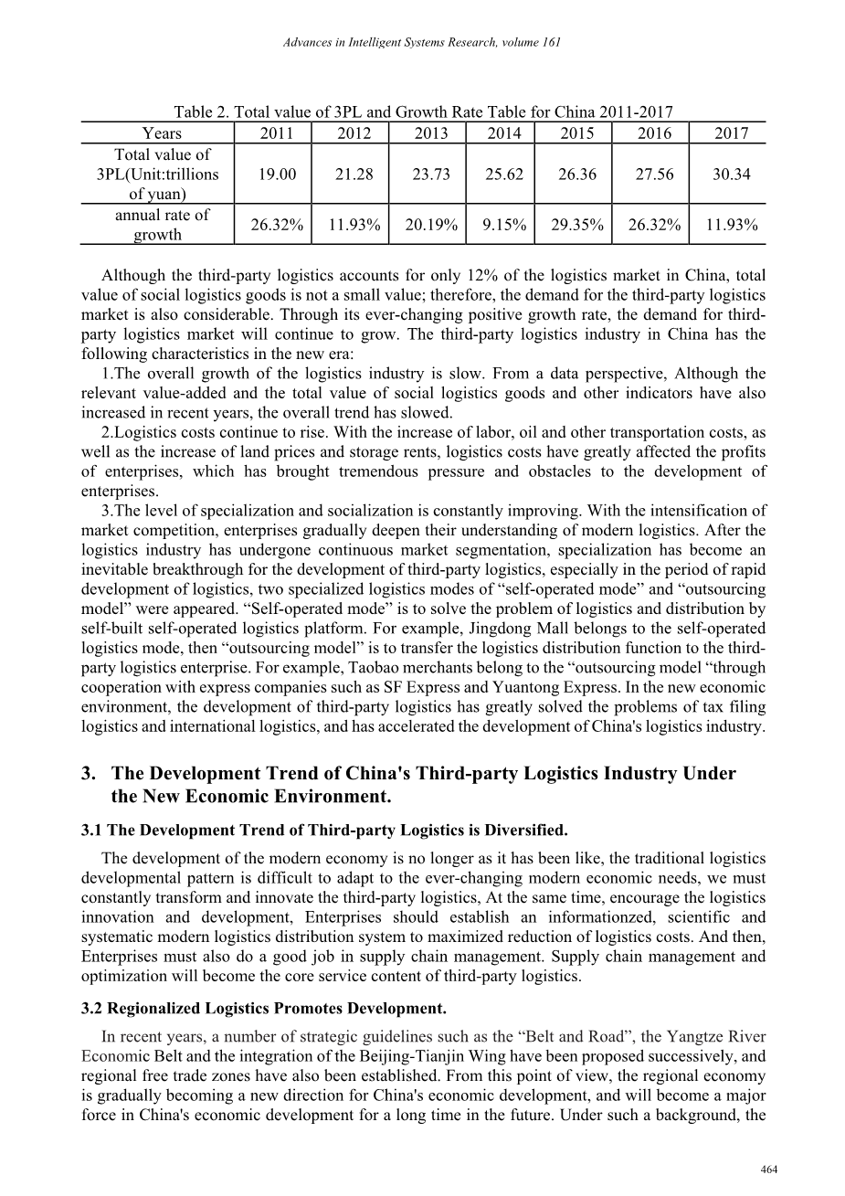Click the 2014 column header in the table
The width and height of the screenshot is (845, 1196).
[504, 133]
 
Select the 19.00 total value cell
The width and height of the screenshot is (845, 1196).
[277, 174]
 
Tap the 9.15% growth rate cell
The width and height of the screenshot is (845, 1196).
[504, 225]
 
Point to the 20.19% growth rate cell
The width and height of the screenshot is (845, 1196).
[430, 225]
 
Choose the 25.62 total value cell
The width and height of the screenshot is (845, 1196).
[504, 174]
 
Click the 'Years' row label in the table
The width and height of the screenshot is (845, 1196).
[162, 133]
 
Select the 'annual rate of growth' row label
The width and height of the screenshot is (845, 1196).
[162, 225]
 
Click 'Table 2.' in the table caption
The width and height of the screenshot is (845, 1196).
[202, 112]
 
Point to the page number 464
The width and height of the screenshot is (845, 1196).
[768, 1170]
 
